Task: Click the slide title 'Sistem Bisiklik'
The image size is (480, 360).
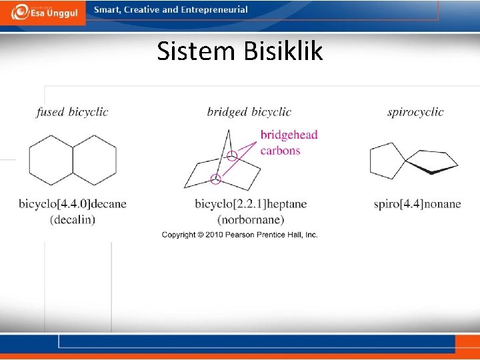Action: (240, 51)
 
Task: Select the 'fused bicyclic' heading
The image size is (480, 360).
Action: (72, 112)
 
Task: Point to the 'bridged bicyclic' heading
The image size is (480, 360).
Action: (249, 112)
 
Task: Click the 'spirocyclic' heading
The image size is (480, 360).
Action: (415, 112)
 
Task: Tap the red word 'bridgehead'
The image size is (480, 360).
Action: (289, 135)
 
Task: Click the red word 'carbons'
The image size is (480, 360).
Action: (280, 150)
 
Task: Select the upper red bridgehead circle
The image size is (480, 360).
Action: (231, 157)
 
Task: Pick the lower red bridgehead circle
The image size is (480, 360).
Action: (215, 179)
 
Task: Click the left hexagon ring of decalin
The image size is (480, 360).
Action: (51, 160)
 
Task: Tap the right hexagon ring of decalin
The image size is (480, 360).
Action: (94, 160)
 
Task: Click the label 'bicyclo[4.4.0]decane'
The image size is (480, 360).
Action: (72, 203)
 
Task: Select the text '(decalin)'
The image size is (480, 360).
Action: (72, 219)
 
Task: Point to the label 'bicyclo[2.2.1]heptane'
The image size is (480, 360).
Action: (251, 203)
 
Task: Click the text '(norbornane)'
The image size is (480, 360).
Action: (251, 219)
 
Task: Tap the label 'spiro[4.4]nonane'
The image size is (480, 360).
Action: (417, 203)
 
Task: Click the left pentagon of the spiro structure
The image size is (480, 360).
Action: (387, 161)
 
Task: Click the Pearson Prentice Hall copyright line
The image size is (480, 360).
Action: (240, 235)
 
